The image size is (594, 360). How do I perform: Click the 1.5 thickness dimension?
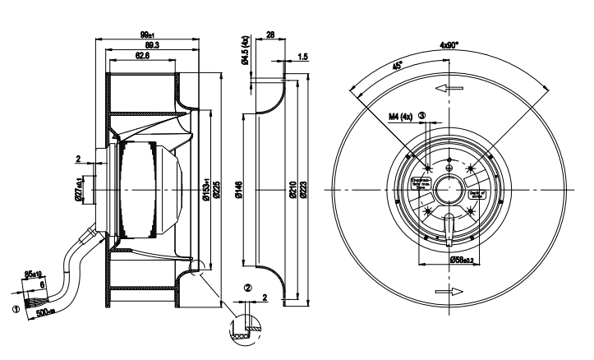coord(303,58)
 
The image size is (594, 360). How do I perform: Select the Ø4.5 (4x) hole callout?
coord(242,50)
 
